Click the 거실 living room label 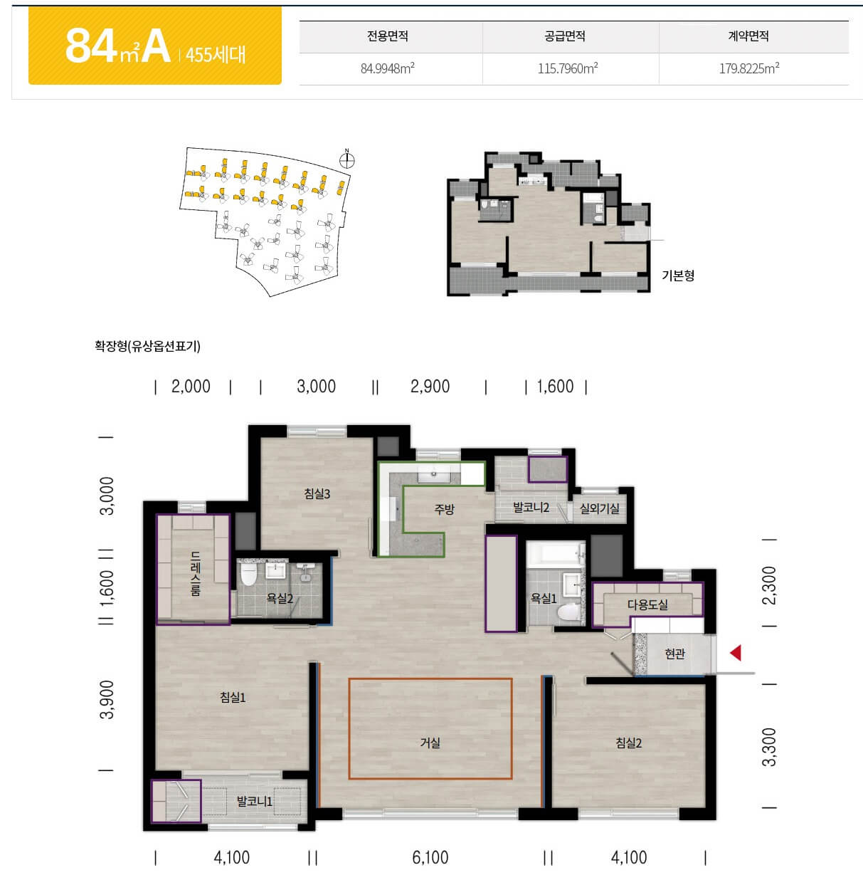click(x=430, y=743)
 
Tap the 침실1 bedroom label click(x=233, y=697)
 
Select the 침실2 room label click(x=628, y=743)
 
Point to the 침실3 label click(x=317, y=493)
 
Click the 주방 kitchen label click(x=444, y=509)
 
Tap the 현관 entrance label click(x=674, y=654)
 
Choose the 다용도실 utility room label click(x=647, y=604)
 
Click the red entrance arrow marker click(x=736, y=653)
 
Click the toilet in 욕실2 click(x=248, y=575)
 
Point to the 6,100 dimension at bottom click(x=430, y=857)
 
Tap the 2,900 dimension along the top click(x=430, y=387)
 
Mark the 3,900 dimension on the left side click(x=107, y=700)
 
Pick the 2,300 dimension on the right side click(x=769, y=585)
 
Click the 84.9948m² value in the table click(x=388, y=68)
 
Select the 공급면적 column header click(x=565, y=36)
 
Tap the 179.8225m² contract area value click(x=749, y=68)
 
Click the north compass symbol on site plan click(x=346, y=159)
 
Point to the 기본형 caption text click(x=678, y=275)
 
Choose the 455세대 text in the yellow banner click(x=216, y=55)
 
